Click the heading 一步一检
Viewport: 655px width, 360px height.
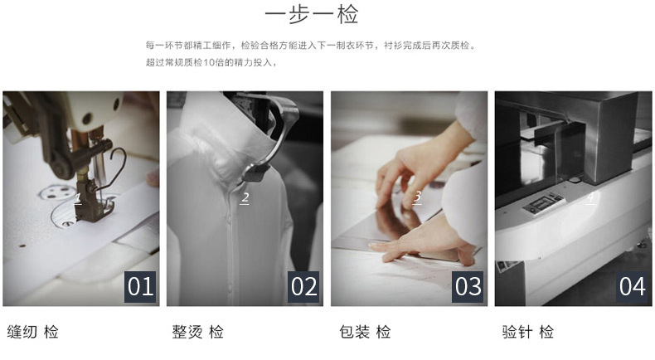point(312,15)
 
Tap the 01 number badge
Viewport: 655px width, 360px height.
point(140,287)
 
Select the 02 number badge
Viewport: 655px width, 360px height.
point(303,287)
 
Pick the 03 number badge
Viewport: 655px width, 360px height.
point(468,287)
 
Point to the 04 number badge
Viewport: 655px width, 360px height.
point(632,287)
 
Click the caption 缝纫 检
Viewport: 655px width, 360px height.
point(32,332)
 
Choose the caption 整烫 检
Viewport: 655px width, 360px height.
point(197,332)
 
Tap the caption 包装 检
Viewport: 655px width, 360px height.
point(364,332)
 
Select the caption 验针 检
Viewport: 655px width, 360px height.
point(527,332)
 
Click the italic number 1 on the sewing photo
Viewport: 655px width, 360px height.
point(78,197)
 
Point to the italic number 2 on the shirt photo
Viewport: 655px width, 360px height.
point(245,197)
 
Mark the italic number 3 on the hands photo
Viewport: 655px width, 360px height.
point(417,197)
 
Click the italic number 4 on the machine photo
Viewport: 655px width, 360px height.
point(590,197)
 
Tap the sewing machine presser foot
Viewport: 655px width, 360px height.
point(94,205)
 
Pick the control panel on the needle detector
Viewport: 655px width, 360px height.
point(544,202)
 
